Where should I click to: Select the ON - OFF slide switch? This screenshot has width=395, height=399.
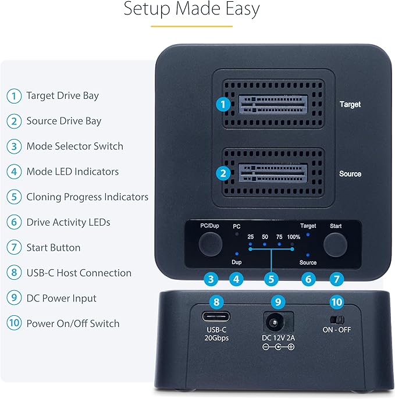(336, 320)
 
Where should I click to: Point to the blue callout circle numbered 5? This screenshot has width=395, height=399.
(270, 279)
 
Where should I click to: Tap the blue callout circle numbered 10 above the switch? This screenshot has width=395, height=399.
(336, 302)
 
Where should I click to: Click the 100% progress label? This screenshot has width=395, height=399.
(294, 236)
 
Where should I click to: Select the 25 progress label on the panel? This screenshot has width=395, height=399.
(251, 236)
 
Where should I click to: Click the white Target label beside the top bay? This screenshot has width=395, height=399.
(350, 105)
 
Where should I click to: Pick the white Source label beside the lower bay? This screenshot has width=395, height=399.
(350, 174)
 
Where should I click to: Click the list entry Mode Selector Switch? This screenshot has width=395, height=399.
(74, 146)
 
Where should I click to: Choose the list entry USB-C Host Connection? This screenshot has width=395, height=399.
(79, 273)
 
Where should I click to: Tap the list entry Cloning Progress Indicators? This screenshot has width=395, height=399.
(87, 197)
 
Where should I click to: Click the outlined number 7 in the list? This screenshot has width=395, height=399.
(13, 248)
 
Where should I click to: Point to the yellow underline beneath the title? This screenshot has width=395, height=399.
(191, 26)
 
